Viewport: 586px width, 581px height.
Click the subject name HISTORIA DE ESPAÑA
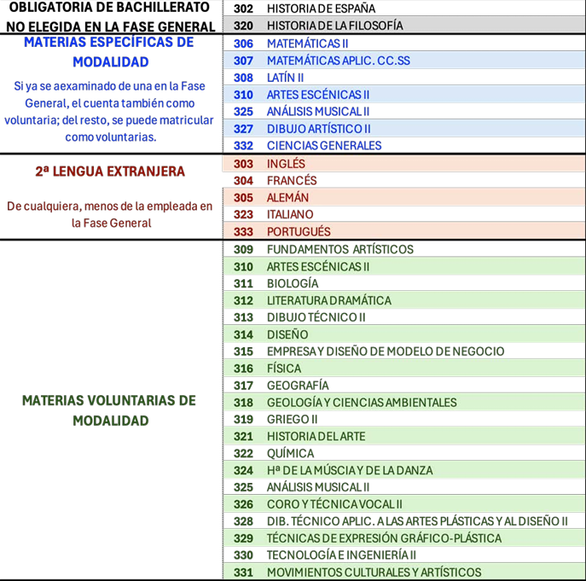[321, 9]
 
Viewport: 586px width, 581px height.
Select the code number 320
[243, 26]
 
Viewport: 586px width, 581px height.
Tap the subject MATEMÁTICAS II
[308, 44]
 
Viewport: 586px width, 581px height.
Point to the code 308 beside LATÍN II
[243, 78]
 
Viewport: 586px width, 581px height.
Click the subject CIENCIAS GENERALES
[324, 146]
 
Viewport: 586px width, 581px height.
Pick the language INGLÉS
[286, 164]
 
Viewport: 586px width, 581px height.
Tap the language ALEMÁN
[287, 198]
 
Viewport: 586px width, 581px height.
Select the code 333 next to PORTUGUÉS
[243, 232]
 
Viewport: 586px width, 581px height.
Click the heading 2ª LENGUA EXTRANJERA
[110, 171]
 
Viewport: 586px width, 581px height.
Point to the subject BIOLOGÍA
[293, 283]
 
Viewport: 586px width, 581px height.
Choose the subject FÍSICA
[284, 369]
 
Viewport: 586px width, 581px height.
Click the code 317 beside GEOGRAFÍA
[243, 386]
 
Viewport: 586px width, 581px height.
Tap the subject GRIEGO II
[293, 420]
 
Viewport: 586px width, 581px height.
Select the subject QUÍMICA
[290, 454]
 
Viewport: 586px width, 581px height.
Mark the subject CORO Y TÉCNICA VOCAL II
[334, 505]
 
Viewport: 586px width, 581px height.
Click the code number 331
[243, 572]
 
